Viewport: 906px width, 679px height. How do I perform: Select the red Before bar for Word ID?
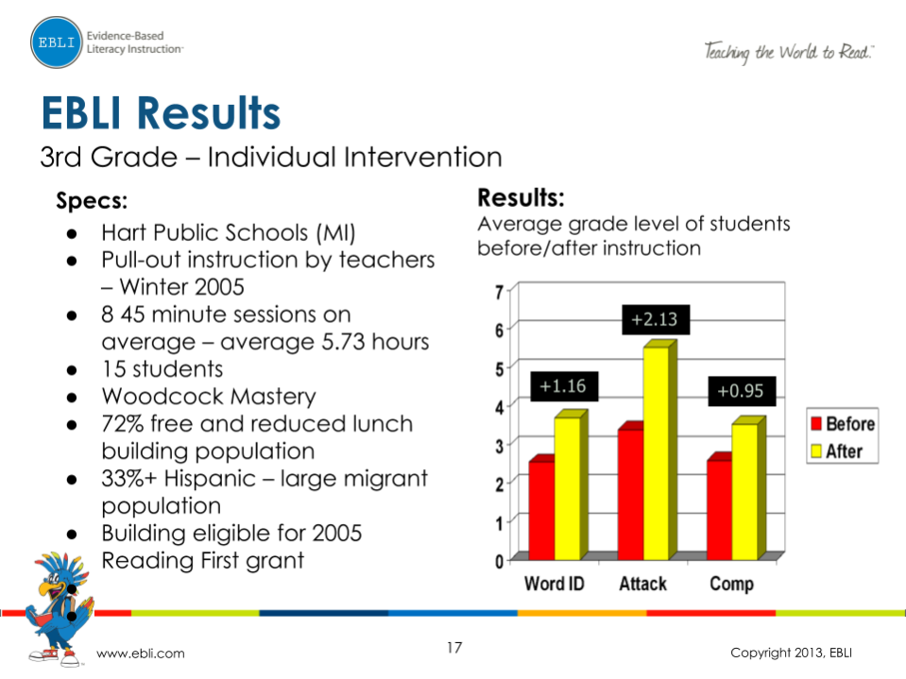[541, 510]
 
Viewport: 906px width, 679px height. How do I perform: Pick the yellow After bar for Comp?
[745, 491]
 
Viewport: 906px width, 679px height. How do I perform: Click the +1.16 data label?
[564, 386]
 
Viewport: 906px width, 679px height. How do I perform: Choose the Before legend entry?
[840, 424]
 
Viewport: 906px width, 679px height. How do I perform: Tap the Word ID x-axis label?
[554, 584]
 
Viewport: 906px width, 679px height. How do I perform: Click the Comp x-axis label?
[731, 584]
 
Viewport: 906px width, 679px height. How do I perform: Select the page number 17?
[454, 648]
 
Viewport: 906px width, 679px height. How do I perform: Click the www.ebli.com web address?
[142, 654]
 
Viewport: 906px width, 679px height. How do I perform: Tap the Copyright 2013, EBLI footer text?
[795, 654]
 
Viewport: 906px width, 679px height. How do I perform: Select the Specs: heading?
[92, 200]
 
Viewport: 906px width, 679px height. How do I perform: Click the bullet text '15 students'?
[162, 369]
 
